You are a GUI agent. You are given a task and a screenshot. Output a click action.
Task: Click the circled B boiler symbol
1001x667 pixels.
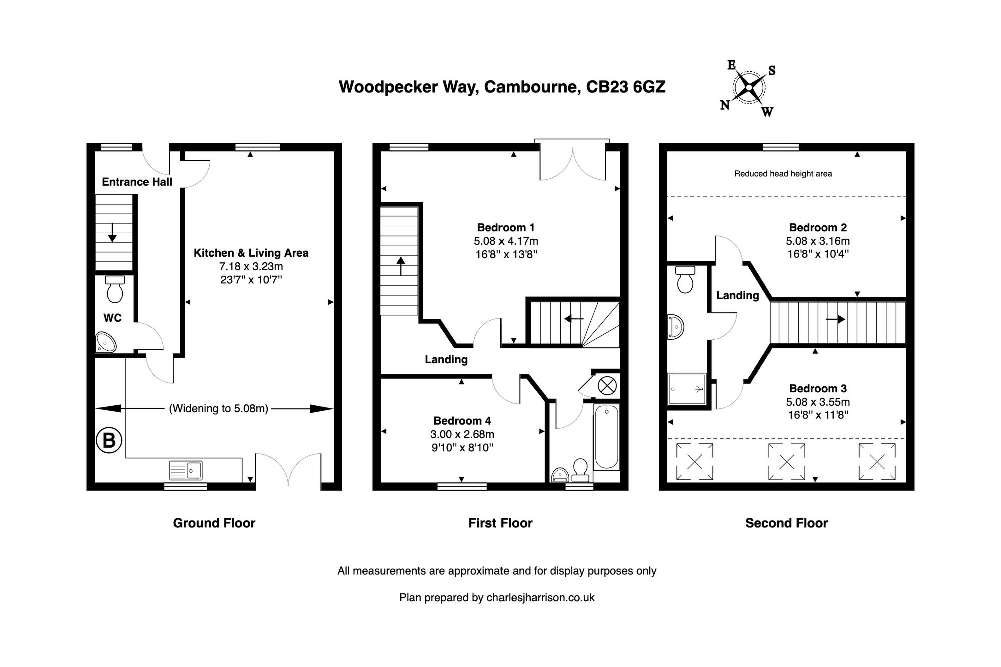(x=109, y=440)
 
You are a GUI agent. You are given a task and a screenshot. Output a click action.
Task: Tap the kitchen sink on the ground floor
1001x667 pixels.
(x=186, y=470)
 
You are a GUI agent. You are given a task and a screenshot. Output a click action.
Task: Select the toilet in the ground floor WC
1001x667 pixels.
(x=115, y=289)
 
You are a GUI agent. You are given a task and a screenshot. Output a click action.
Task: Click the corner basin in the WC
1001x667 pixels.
(x=105, y=343)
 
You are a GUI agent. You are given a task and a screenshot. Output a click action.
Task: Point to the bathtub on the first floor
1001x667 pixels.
(x=607, y=437)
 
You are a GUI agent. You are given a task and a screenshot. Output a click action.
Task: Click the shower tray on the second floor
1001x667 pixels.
(x=687, y=389)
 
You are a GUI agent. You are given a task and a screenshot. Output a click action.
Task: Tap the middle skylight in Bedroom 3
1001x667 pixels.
(x=786, y=462)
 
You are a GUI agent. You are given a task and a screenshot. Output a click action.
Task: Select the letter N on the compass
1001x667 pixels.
(x=724, y=105)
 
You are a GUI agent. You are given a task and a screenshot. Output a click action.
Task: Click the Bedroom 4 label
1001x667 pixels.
(x=462, y=421)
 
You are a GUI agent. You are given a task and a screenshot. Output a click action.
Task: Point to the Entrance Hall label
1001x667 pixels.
(x=137, y=182)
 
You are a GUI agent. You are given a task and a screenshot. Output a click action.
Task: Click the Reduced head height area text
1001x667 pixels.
(x=783, y=174)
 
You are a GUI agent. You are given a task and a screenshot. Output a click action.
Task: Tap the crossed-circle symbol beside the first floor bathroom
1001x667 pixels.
(x=607, y=386)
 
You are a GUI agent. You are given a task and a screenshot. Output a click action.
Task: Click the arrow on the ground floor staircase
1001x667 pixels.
(x=112, y=232)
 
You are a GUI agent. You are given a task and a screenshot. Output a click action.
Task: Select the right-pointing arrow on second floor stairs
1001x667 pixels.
(x=835, y=319)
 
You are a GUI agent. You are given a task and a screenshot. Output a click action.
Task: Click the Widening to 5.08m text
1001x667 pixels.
(x=219, y=408)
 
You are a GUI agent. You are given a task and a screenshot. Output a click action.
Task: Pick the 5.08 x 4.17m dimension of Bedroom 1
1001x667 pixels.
(x=506, y=241)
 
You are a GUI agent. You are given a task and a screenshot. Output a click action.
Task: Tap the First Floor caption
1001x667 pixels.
(x=500, y=523)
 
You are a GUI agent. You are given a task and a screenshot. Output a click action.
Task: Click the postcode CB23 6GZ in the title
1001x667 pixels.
(x=626, y=87)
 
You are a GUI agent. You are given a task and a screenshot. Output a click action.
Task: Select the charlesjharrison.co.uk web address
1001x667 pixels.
(x=540, y=597)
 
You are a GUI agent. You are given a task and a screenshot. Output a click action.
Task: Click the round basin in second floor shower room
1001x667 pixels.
(x=675, y=327)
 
